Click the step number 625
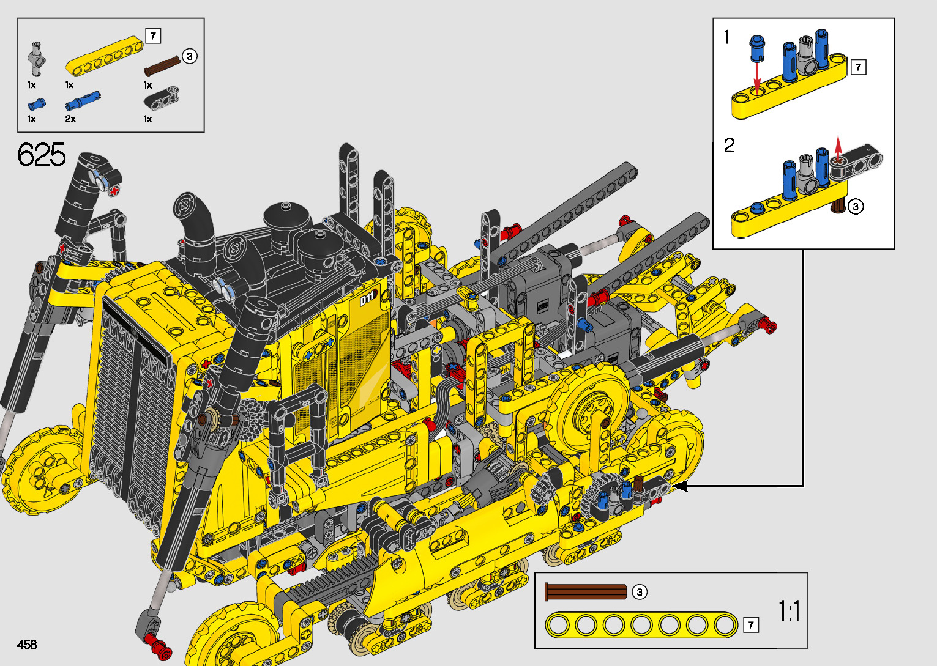click(42, 154)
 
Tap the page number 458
click(27, 644)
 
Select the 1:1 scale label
click(790, 611)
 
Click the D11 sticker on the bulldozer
click(368, 298)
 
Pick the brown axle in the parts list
click(162, 66)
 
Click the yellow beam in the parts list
click(105, 56)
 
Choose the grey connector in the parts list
click(37, 59)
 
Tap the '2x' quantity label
click(70, 119)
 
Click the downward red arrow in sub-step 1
click(757, 76)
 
